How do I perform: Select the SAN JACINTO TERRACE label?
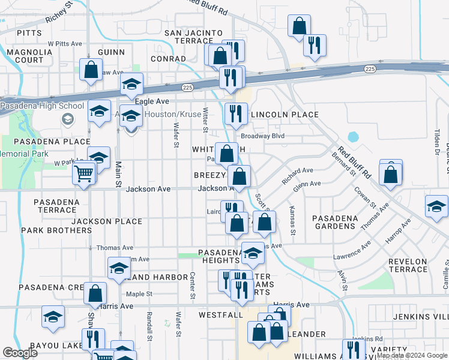193,37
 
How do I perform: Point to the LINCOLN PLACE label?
284,114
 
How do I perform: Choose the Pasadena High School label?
42,106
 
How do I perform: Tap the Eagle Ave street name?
152,102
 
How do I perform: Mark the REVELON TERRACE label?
408,265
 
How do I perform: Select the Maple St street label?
139,294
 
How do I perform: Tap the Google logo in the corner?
20,353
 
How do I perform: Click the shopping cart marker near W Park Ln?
84,173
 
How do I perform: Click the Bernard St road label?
344,163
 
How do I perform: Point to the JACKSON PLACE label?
107,221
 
